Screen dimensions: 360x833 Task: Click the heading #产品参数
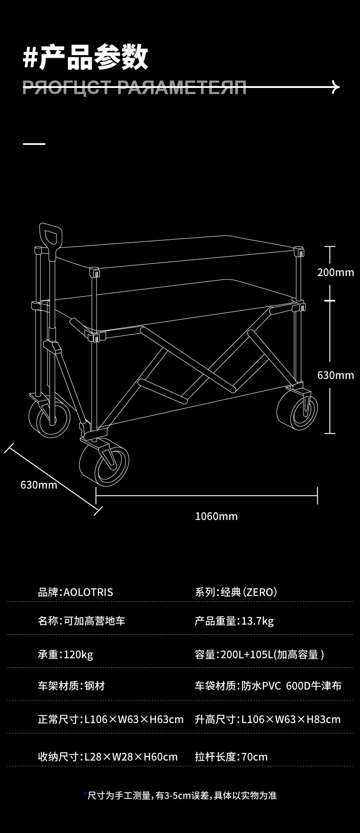(x=85, y=58)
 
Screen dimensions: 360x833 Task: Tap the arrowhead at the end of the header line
(x=336, y=87)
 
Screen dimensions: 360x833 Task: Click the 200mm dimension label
(x=335, y=273)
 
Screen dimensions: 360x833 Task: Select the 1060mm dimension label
(x=216, y=516)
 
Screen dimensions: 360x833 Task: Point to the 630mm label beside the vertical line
(x=335, y=375)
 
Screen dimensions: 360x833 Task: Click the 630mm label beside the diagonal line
(x=39, y=484)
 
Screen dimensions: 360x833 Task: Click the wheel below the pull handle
(x=49, y=418)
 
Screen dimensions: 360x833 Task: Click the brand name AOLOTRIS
(x=88, y=592)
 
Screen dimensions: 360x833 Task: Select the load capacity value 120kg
(x=78, y=655)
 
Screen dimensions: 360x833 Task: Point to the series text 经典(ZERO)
(x=249, y=592)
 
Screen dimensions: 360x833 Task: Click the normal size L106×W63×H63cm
(x=134, y=720)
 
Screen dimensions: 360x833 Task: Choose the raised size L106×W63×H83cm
(x=291, y=720)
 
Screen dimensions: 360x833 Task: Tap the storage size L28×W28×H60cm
(x=131, y=757)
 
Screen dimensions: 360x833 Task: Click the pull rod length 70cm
(x=254, y=757)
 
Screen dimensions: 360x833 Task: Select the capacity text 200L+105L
(x=247, y=655)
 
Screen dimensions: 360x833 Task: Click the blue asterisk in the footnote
(x=85, y=795)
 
